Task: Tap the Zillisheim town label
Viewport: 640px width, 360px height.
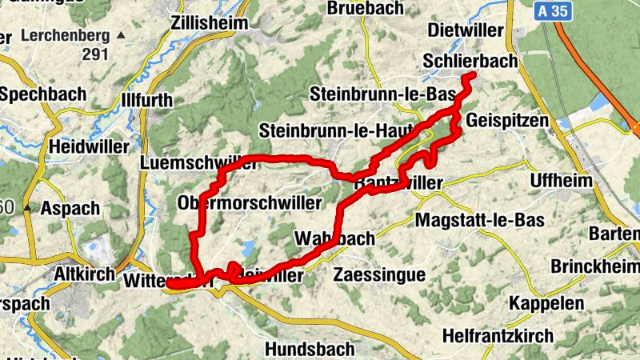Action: pyautogui.click(x=210, y=23)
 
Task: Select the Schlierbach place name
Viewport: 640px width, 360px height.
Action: pyautogui.click(x=470, y=61)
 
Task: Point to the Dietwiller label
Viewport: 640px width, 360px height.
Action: pyautogui.click(x=466, y=30)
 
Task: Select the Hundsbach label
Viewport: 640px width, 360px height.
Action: pyautogui.click(x=306, y=349)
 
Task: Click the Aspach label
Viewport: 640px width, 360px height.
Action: pyautogui.click(x=74, y=208)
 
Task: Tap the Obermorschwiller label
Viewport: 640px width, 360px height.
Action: pyautogui.click(x=250, y=202)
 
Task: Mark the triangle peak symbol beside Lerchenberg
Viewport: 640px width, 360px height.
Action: pyautogui.click(x=120, y=36)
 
